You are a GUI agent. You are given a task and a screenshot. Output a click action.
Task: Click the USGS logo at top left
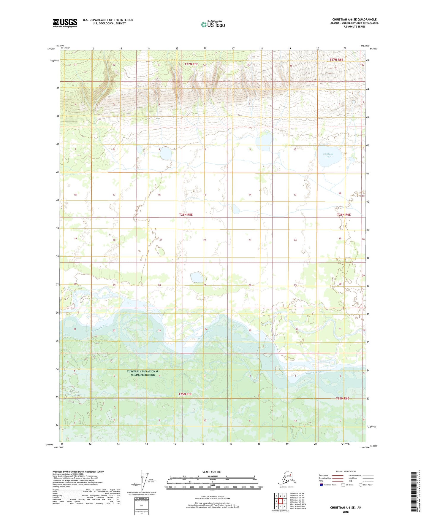coord(65,23)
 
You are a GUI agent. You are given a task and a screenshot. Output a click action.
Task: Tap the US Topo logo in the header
coord(213,24)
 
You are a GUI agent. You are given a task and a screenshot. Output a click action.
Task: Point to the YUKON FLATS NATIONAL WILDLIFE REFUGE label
coord(143,373)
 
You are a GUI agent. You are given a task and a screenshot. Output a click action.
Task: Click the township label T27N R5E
coord(191,64)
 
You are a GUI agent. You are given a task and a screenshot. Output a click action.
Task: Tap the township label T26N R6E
coord(344,214)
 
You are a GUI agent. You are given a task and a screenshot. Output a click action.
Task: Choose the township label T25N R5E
coord(185,394)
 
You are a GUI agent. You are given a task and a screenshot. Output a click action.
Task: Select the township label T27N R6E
coord(336,60)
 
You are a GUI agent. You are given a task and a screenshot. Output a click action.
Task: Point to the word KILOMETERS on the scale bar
coord(212,476)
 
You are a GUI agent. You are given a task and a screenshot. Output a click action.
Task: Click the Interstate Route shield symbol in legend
coord(322,484)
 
